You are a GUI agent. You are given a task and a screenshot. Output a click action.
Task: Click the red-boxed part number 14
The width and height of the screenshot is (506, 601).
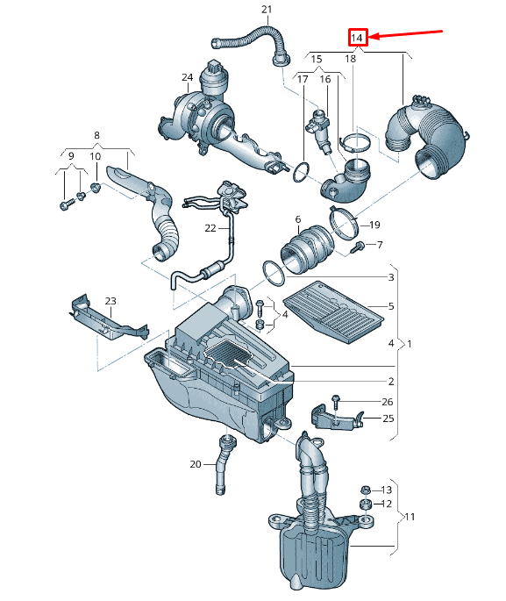pos(356,38)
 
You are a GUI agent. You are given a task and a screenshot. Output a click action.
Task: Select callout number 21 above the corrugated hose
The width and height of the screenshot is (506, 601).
pos(267,9)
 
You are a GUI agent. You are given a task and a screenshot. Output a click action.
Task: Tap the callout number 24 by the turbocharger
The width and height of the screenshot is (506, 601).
pos(188,77)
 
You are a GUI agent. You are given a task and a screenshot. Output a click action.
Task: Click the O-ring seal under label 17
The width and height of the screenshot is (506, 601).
pos(301,172)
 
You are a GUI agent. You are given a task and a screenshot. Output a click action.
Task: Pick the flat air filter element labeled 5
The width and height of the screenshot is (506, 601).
pos(333,311)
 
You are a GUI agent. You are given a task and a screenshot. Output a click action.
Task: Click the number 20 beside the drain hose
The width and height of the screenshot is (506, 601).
pos(196,464)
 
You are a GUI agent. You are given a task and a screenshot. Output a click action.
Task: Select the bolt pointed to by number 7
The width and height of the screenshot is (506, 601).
pos(357,247)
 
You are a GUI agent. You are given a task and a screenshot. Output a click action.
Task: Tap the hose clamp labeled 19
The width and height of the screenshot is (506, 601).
pos(344,224)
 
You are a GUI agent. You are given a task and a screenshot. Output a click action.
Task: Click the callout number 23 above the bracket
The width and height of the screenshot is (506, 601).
pos(110,301)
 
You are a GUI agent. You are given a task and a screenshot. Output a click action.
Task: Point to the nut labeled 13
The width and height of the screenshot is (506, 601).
pos(366,490)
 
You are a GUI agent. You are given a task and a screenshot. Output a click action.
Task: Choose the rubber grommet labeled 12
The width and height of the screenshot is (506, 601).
pos(366,504)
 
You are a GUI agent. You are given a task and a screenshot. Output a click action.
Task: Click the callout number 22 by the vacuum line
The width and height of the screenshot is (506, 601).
pos(210,228)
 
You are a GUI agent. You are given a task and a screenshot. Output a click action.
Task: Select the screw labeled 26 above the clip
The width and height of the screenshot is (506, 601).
pos(336,401)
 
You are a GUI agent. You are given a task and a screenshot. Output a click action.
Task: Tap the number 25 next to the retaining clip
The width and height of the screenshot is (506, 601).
pos(388,419)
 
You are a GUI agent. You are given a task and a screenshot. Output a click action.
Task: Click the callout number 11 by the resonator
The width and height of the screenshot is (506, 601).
pos(410,517)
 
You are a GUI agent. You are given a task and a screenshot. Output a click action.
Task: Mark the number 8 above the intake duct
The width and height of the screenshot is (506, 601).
pos(96,135)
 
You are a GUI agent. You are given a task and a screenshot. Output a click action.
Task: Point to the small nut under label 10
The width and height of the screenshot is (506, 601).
pos(96,188)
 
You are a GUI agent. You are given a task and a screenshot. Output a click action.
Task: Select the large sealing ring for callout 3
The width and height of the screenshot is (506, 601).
pos(274,273)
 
